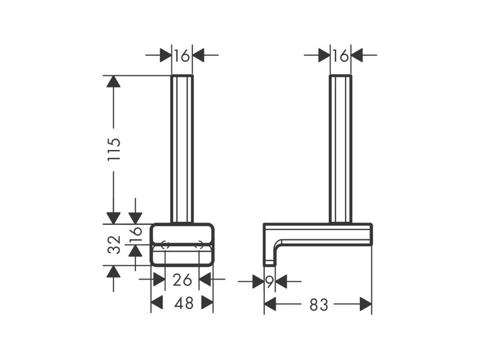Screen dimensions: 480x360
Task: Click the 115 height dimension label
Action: point(114,149)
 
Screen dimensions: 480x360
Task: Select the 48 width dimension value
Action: point(183,303)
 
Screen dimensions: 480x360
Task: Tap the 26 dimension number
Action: point(182,280)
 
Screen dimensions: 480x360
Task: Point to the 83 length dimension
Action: point(318,305)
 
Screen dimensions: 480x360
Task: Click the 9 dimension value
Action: point(269,282)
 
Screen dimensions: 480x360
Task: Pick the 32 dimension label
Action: point(114,244)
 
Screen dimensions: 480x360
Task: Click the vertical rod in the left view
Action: point(182,148)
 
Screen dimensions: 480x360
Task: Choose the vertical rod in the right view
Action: point(340,148)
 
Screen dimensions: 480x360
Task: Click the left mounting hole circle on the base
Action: point(165,244)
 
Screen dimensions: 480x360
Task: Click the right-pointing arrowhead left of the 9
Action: point(258,282)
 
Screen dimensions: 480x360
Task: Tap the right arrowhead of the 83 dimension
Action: point(366,305)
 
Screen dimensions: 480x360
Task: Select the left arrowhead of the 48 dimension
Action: point(157,303)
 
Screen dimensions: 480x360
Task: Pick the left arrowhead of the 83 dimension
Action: point(270,305)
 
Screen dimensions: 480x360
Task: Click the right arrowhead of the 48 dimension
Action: point(208,303)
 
